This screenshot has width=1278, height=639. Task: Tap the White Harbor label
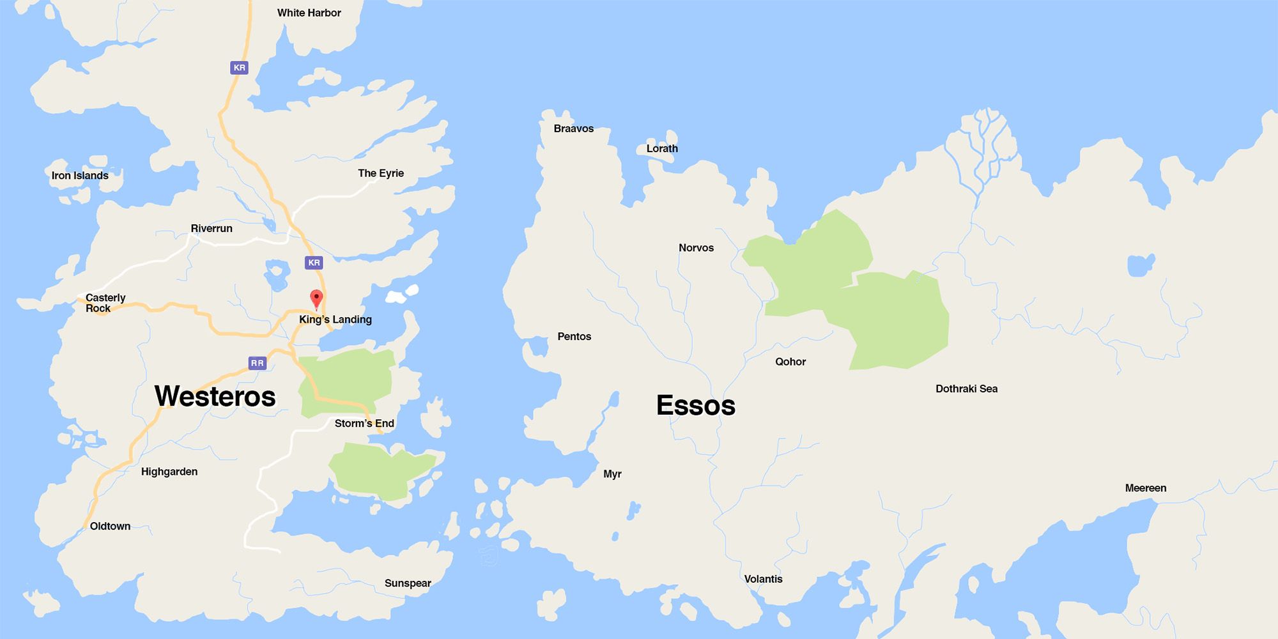click(309, 13)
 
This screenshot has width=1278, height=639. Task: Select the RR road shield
click(257, 363)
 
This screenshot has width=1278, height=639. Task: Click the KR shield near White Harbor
click(239, 68)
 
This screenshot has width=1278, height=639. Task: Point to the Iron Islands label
click(80, 176)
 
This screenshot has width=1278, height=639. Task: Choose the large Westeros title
click(215, 396)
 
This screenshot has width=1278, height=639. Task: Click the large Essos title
click(696, 406)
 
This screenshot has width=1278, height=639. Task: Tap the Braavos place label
click(573, 128)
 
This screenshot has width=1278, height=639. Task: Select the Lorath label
click(662, 148)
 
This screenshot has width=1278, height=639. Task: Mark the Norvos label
click(696, 248)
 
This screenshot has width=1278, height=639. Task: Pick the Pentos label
click(574, 337)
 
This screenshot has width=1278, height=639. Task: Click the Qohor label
click(790, 362)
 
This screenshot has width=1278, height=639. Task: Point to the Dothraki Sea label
click(966, 389)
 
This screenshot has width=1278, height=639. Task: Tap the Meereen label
click(1145, 488)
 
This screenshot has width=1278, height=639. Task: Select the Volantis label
click(763, 579)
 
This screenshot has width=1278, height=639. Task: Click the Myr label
click(612, 474)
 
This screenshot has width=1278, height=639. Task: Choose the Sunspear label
click(408, 583)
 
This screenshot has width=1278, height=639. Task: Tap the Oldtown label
click(110, 527)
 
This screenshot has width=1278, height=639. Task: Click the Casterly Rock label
click(105, 303)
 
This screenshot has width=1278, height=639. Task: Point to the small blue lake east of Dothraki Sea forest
click(1141, 265)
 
